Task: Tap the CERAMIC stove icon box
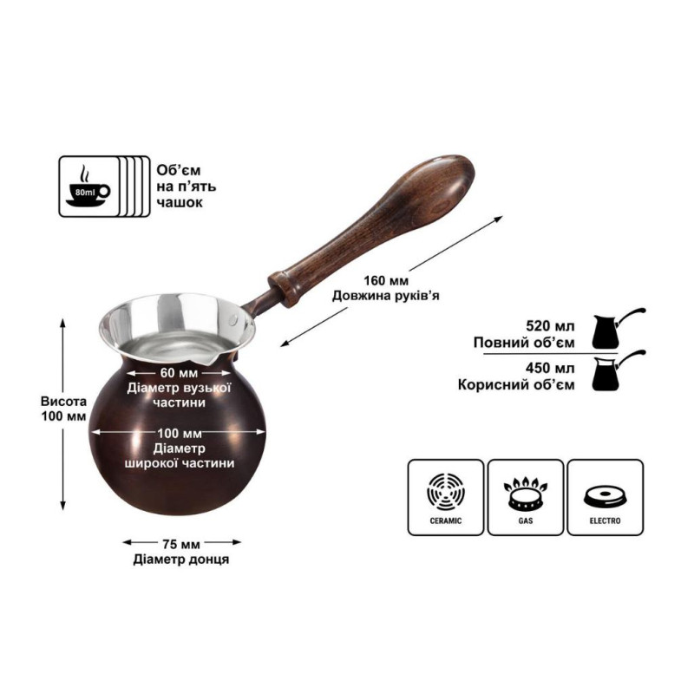click(x=445, y=497)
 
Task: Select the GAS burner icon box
click(x=526, y=497)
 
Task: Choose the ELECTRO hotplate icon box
click(x=605, y=497)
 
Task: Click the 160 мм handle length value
click(x=386, y=280)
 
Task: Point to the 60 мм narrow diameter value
click(x=179, y=373)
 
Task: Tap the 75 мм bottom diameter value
click(x=181, y=544)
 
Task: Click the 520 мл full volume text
click(x=550, y=326)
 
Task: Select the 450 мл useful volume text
click(x=550, y=368)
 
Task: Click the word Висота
click(x=63, y=402)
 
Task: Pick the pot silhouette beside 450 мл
click(x=618, y=370)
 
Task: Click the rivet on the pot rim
click(x=234, y=318)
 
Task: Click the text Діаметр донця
click(x=181, y=560)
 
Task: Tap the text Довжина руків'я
click(x=386, y=296)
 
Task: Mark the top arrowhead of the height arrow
click(x=62, y=322)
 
